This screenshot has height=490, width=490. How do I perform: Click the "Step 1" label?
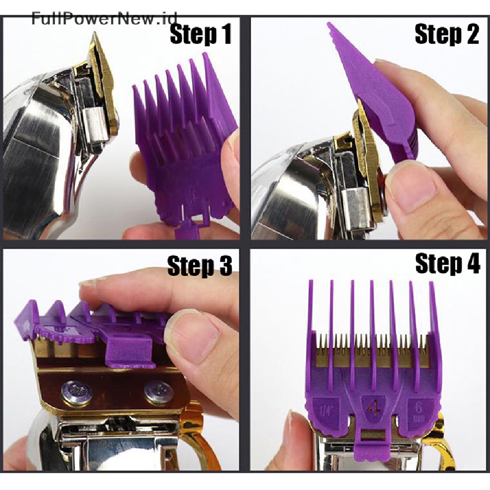(200, 34)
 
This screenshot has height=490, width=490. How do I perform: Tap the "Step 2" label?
(447, 34)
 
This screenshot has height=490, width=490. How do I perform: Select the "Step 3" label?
(200, 266)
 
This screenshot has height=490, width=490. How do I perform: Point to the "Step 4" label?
(447, 264)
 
